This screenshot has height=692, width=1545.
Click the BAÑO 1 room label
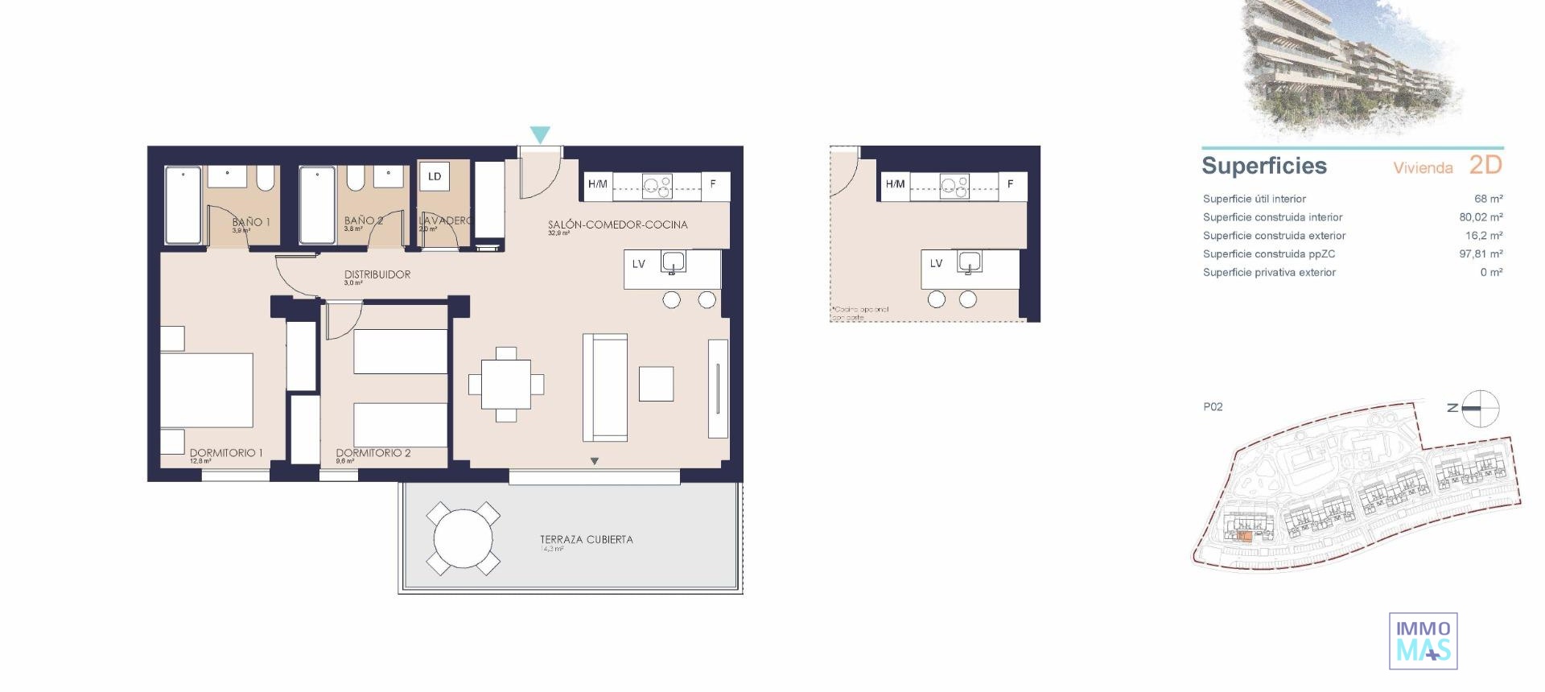251,221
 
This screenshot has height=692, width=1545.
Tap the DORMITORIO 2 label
373,453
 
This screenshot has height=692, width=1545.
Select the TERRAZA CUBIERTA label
586,539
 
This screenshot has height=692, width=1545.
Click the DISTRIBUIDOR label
377,274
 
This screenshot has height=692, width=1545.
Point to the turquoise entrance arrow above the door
541,135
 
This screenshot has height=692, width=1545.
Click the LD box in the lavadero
435,176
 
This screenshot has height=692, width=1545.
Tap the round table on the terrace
463,539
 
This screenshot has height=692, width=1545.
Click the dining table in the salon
506,385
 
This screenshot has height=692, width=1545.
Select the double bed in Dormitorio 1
208,389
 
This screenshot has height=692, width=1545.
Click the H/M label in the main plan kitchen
598,184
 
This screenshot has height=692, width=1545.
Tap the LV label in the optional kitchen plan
936,263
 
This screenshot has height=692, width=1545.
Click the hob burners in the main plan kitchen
657,187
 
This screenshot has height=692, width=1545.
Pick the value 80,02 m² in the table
1481,217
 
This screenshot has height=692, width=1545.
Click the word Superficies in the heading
1263,166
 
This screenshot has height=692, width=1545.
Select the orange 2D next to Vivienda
1485,165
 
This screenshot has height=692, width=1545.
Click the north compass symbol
1480,409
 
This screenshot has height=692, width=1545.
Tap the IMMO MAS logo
1423,641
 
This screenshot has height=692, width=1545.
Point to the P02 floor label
1213,407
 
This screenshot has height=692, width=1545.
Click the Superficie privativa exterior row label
1269,273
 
